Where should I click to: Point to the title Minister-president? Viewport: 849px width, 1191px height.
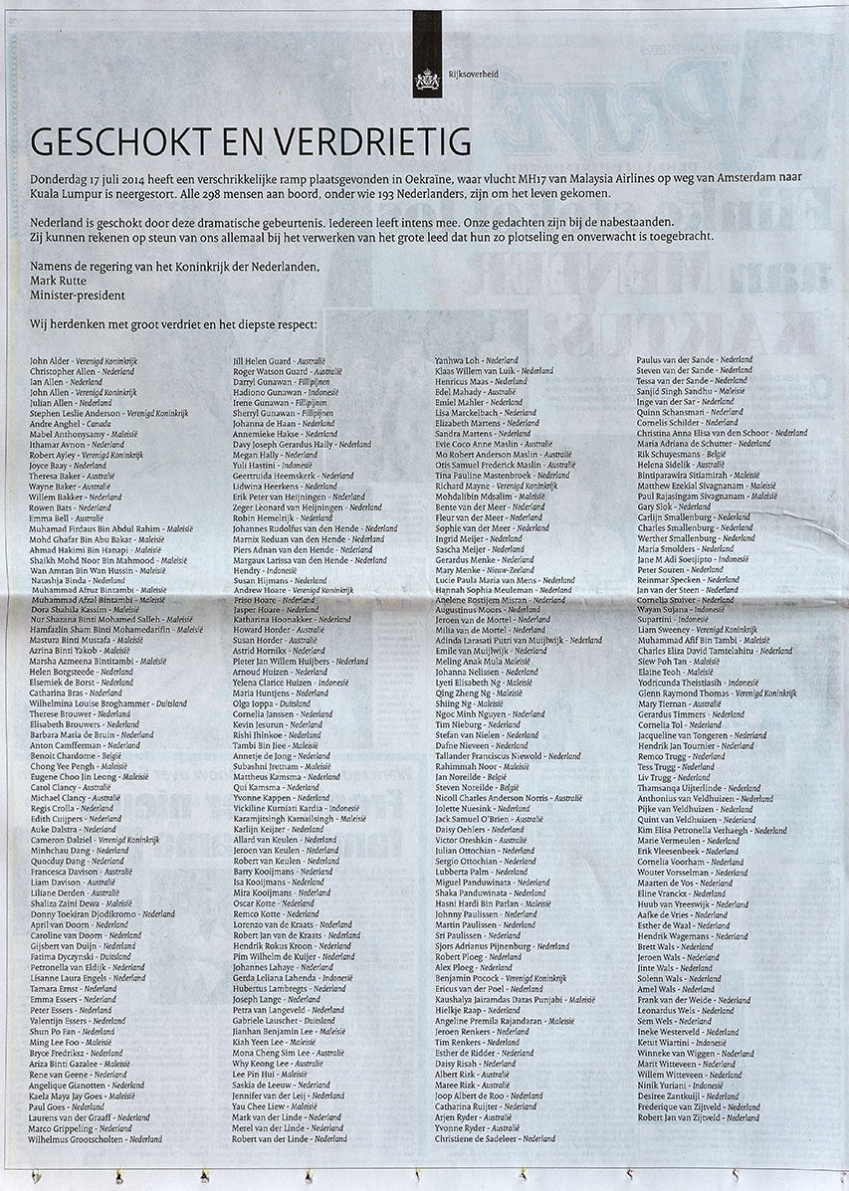(x=78, y=296)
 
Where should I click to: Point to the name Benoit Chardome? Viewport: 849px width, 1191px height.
(x=64, y=754)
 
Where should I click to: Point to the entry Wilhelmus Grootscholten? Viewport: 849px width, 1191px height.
(x=96, y=1138)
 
